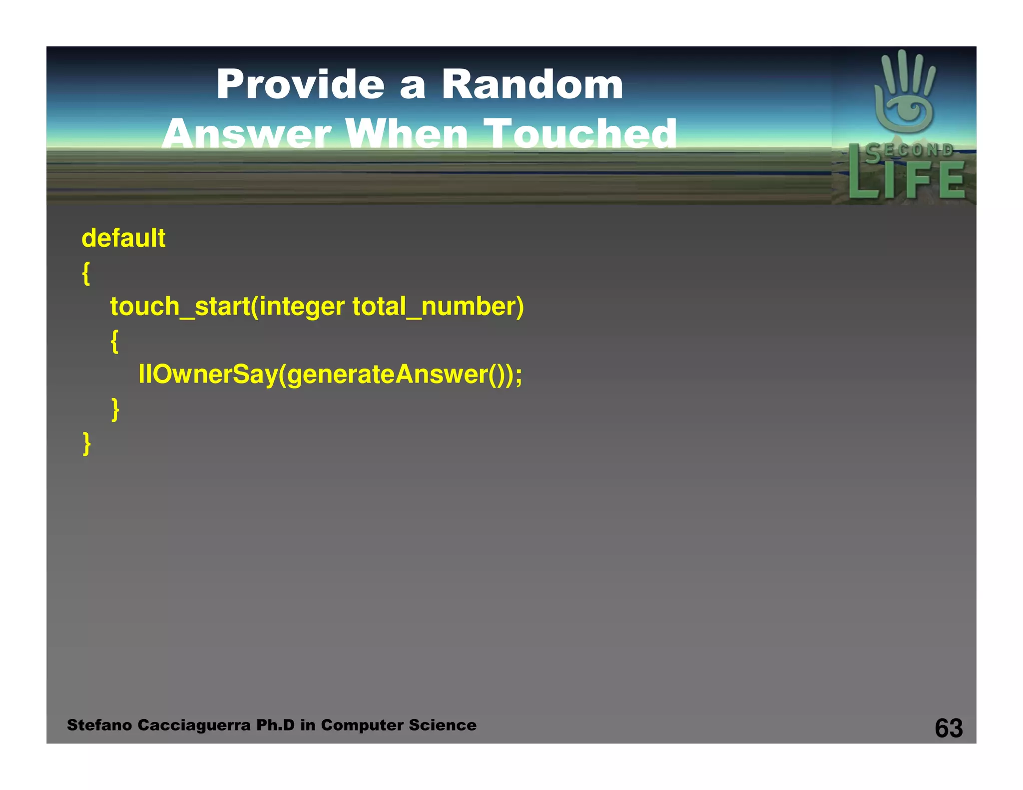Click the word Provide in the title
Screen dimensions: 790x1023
click(300, 84)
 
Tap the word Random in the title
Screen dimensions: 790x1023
click(532, 84)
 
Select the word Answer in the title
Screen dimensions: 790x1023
click(246, 134)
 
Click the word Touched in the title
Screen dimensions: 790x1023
click(581, 134)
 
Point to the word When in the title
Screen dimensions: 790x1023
click(407, 134)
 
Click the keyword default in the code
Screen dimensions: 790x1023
click(123, 238)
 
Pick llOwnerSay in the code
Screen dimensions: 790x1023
click(208, 374)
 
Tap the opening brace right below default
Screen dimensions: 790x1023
click(86, 273)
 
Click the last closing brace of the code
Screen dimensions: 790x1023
click(86, 443)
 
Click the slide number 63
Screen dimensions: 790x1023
click(949, 728)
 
